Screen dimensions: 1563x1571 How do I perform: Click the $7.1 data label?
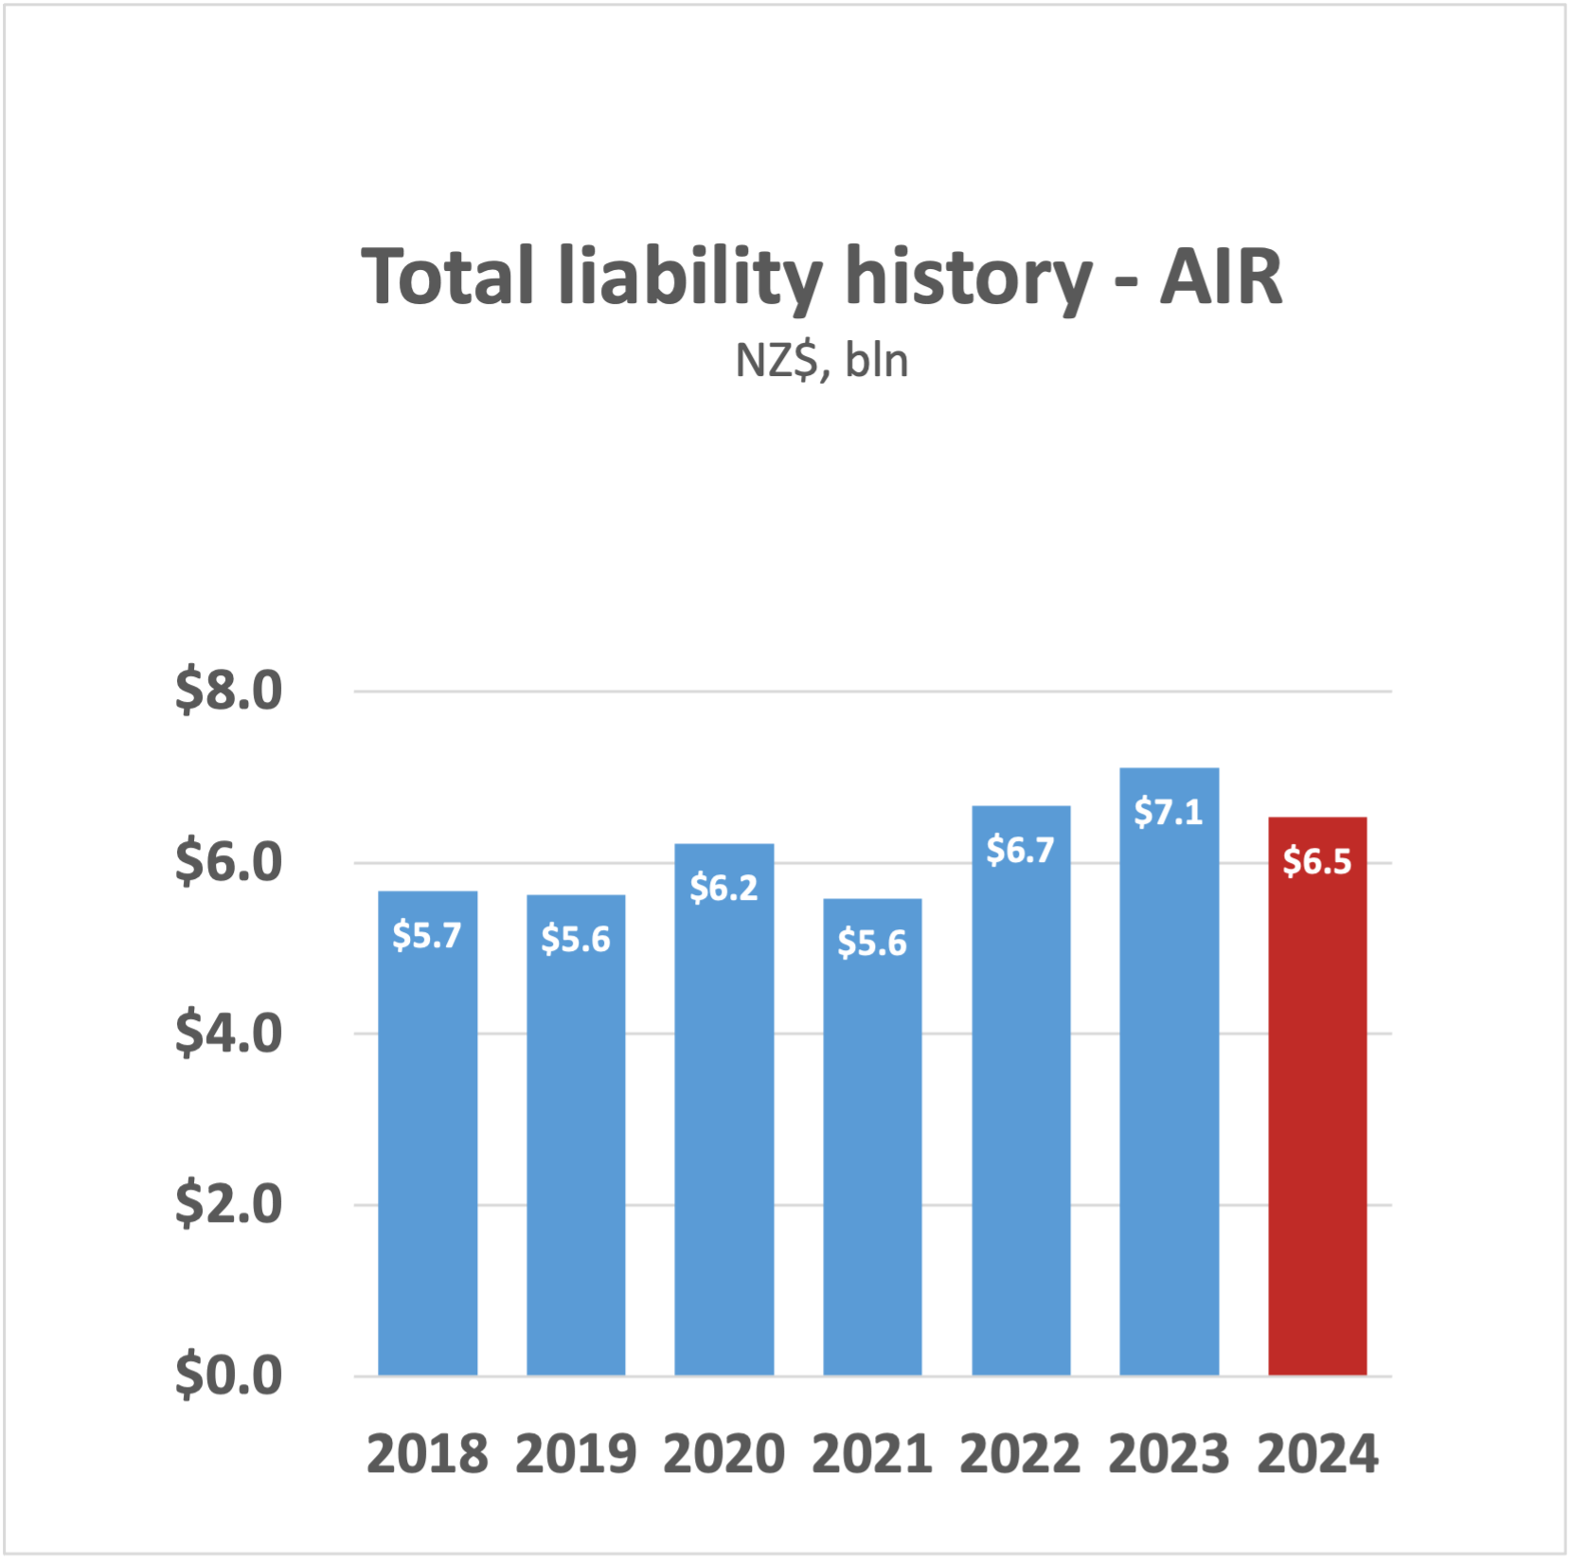point(1169,812)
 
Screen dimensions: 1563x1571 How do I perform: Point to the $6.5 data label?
point(1316,861)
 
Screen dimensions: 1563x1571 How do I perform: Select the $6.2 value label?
point(723,888)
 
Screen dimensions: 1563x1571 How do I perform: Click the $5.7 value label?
point(427,935)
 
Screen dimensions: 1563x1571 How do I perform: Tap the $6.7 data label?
point(1020,850)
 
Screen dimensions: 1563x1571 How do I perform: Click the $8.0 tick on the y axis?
point(228,691)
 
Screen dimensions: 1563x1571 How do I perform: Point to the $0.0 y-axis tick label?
point(228,1375)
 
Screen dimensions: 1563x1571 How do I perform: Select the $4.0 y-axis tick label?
point(228,1033)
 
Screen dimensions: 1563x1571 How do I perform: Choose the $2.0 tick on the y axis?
point(228,1204)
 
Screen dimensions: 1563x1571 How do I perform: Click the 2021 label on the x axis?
point(872,1454)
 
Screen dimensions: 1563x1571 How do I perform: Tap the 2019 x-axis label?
point(576,1454)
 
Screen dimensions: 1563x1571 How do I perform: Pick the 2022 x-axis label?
point(1020,1454)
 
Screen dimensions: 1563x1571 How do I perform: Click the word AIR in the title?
point(1221,277)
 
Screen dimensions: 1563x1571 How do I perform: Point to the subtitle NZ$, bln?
point(822,361)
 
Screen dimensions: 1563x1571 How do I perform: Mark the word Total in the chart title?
point(448,277)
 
